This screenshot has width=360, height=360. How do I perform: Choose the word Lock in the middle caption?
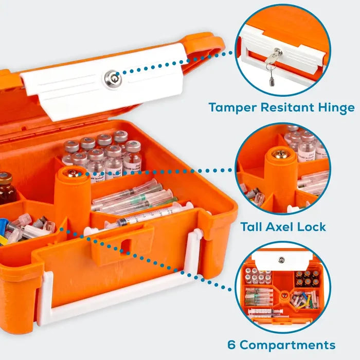312,227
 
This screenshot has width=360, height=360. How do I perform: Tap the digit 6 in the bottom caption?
231,345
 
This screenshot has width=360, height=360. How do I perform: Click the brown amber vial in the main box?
6,189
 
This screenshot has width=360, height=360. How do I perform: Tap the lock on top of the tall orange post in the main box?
72,172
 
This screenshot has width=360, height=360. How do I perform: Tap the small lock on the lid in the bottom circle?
281,260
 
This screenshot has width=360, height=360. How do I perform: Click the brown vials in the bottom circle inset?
307,278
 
